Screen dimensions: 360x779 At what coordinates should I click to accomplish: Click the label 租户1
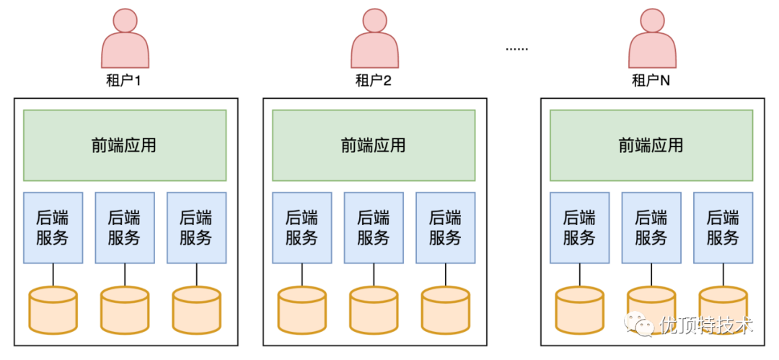(124, 81)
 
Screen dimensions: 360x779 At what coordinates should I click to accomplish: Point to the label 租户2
(374, 81)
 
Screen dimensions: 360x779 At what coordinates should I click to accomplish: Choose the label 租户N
(651, 81)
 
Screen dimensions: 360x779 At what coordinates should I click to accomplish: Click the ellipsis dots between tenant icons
(516, 50)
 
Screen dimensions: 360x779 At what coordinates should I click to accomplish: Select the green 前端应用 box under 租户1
(125, 145)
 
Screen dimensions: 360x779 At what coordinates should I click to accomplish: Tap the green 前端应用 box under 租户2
(374, 145)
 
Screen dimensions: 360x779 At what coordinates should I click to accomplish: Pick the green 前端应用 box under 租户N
(651, 145)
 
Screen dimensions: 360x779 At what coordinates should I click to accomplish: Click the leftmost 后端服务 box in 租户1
(53, 227)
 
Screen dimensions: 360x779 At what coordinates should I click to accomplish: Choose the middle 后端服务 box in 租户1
(125, 227)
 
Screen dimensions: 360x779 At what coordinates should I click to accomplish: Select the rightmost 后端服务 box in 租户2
(445, 227)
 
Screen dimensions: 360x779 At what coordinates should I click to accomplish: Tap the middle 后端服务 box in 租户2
(374, 227)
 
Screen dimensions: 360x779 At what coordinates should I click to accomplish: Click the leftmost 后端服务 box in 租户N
(579, 227)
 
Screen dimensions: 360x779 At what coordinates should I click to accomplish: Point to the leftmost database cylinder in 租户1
(53, 309)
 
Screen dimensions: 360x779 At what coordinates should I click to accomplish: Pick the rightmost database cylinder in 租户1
(196, 309)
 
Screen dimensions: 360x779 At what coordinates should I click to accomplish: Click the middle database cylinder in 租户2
(374, 309)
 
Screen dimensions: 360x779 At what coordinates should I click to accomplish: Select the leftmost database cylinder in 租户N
(579, 309)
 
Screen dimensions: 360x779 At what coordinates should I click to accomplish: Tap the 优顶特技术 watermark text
(706, 325)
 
